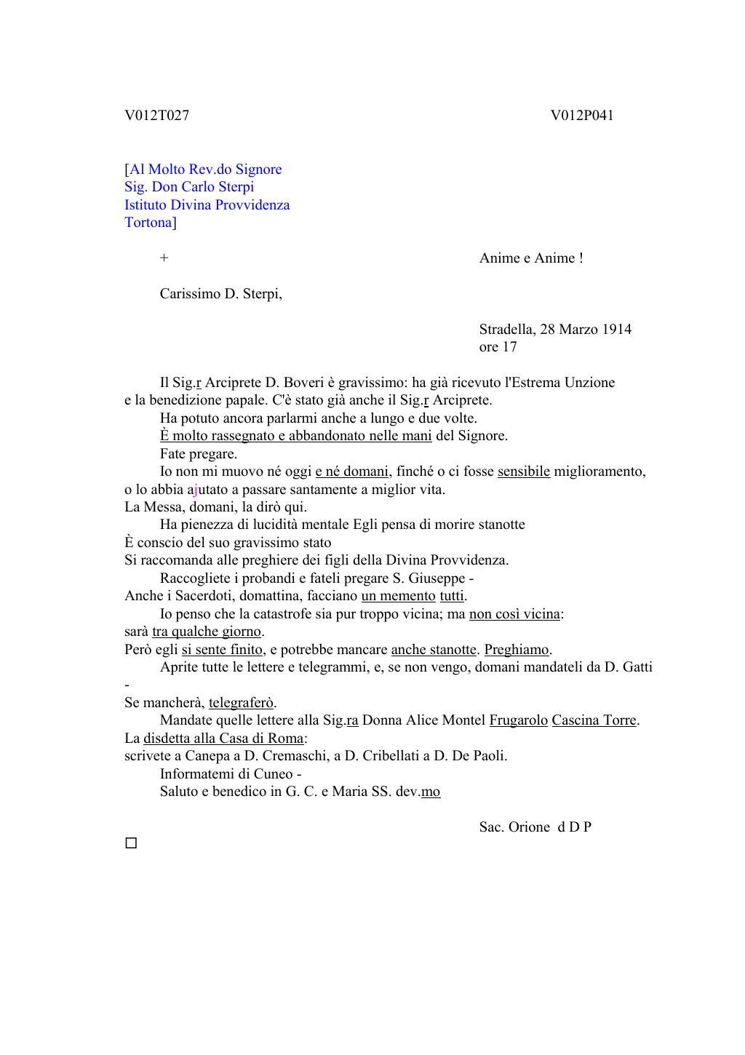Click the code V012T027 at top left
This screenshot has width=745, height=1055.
point(156,116)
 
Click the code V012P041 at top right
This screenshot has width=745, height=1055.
point(582,116)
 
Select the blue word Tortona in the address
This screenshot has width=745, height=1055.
point(148,223)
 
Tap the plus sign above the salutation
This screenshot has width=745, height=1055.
point(164,258)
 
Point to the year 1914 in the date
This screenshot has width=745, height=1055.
point(616,330)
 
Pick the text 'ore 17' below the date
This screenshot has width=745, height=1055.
point(498,347)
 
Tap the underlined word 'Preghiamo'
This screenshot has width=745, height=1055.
point(517,650)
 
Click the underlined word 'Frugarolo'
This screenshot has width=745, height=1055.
point(518,720)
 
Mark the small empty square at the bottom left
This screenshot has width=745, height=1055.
point(131,843)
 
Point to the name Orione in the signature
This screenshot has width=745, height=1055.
point(530,827)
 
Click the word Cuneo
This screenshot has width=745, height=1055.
point(272,774)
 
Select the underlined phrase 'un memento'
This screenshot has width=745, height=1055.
point(398,596)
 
